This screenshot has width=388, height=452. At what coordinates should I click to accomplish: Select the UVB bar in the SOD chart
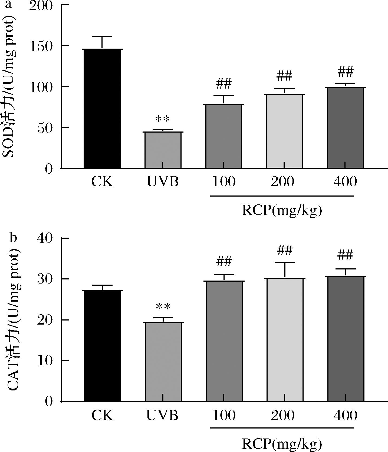[163, 150]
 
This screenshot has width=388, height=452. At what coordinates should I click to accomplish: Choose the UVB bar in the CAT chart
[163, 362]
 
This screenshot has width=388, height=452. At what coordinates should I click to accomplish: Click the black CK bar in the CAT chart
[102, 346]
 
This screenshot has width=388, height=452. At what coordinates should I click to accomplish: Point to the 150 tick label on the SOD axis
[44, 46]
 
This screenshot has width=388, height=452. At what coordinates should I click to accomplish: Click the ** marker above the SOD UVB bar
[162, 119]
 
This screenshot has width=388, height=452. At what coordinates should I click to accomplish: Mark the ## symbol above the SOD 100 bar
[224, 84]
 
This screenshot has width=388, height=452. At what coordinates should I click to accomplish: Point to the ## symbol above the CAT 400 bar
[345, 255]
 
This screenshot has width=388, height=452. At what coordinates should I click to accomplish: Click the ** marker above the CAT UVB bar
[163, 307]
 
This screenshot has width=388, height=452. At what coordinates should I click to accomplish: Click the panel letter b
[13, 238]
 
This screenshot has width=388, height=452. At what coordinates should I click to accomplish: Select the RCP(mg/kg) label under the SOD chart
[282, 211]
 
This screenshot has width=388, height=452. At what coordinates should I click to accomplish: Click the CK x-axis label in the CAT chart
[102, 415]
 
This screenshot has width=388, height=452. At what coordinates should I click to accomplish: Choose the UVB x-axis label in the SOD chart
[163, 182]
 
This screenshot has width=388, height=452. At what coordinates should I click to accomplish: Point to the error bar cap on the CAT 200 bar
[285, 263]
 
